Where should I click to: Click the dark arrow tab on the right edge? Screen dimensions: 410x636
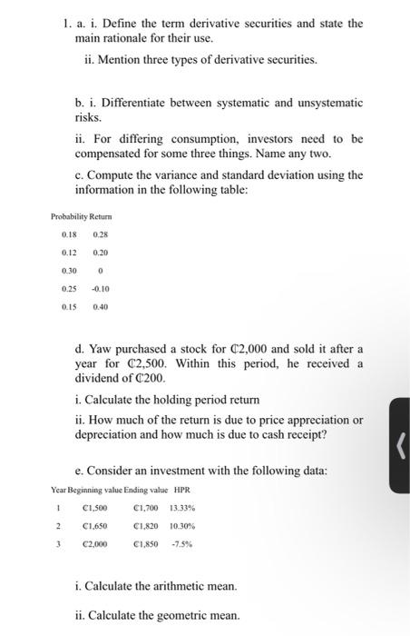400,445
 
